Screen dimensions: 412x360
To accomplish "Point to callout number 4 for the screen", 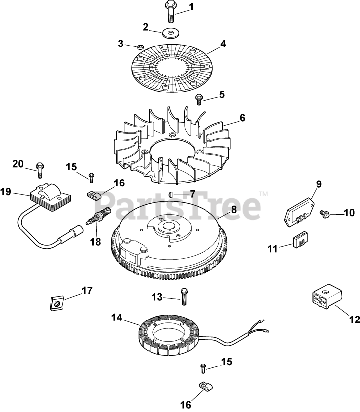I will (223, 44).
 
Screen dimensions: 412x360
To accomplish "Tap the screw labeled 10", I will (324, 213).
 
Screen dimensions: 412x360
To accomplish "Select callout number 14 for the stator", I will (115, 319).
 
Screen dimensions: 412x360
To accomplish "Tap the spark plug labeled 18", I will (96, 218).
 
